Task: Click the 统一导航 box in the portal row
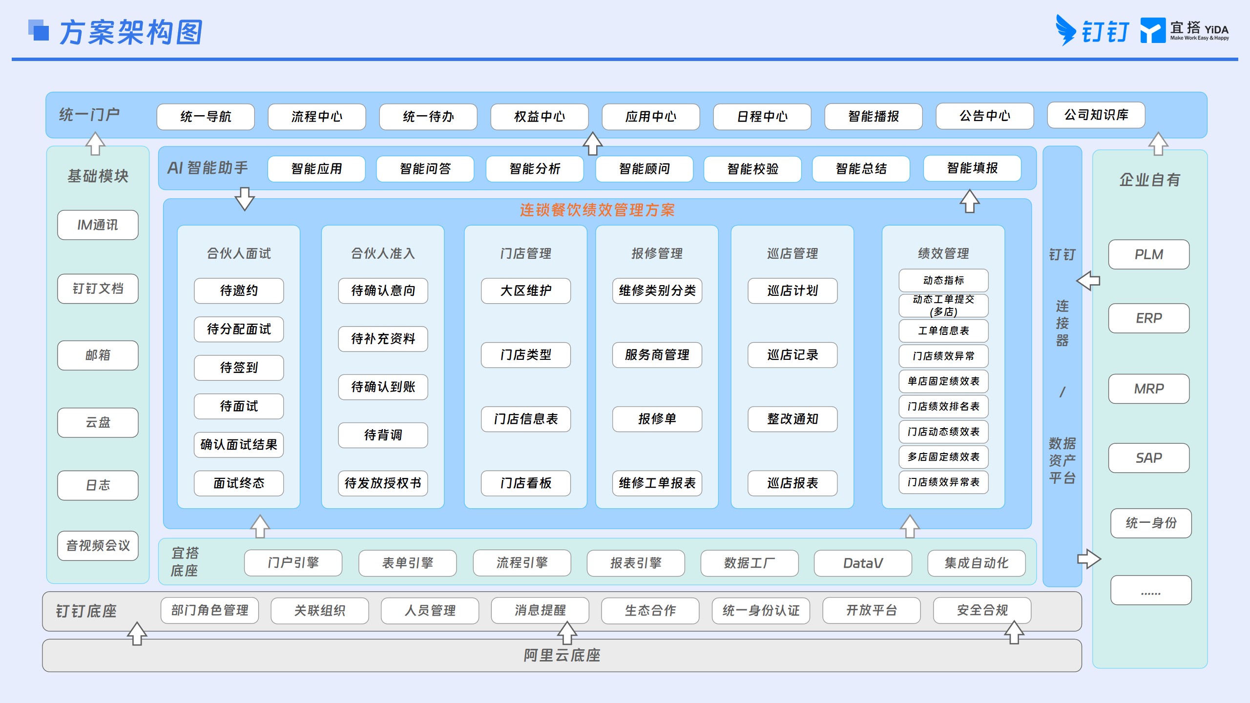click(206, 117)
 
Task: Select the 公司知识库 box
click(1096, 115)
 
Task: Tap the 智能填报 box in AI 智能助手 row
click(972, 168)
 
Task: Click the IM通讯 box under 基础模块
click(98, 225)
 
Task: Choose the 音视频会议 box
click(98, 546)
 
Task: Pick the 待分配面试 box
click(239, 330)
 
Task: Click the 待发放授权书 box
click(383, 483)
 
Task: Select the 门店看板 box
click(526, 483)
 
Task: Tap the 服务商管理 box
click(657, 355)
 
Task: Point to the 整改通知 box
click(792, 419)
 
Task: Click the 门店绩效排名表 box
click(943, 407)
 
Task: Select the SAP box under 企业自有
click(1149, 458)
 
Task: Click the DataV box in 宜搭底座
click(863, 563)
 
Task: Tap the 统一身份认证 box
click(761, 611)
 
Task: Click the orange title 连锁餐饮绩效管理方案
click(597, 210)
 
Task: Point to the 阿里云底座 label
click(562, 656)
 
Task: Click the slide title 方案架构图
click(131, 33)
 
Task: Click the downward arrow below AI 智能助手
click(245, 199)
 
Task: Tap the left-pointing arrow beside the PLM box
click(1088, 281)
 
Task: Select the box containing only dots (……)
click(1151, 590)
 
